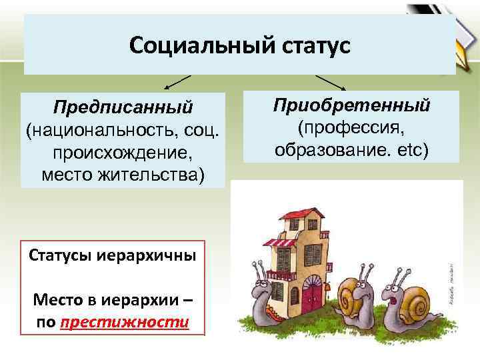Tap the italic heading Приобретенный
pos(351,105)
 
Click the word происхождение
pos(123,153)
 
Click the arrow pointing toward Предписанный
pos(176,81)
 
